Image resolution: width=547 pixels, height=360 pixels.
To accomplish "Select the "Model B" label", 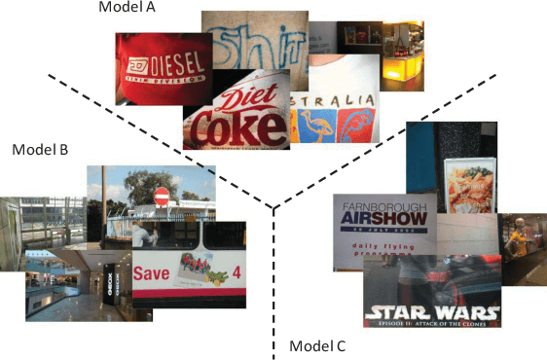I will click(39, 150).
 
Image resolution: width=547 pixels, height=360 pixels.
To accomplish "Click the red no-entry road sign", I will click(162, 198).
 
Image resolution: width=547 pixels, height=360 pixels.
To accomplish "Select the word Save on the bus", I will click(152, 273).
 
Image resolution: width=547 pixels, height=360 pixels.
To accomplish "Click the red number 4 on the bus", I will click(237, 271).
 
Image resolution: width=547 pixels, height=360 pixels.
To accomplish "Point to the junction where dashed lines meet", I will click(273, 207).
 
